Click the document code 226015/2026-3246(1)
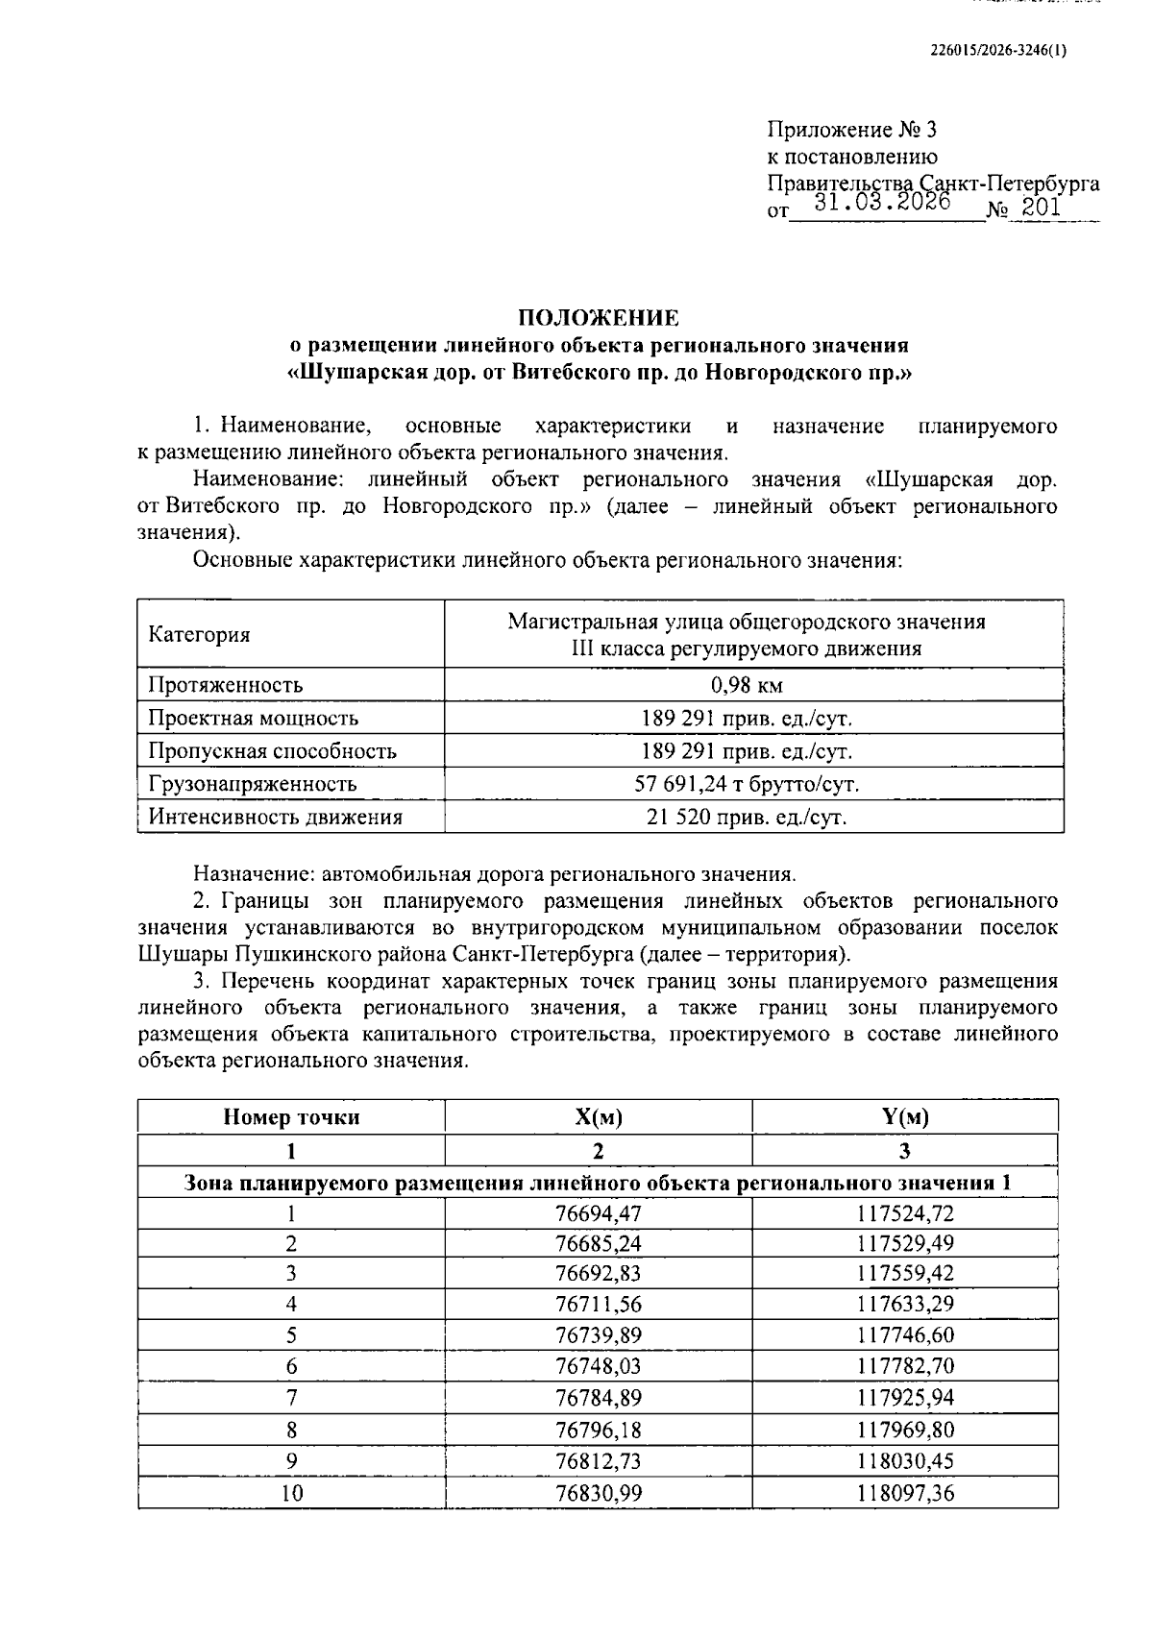pyautogui.click(x=999, y=52)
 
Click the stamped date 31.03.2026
pyautogui.click(x=882, y=203)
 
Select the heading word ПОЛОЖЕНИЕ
pyautogui.click(x=599, y=318)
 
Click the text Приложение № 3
pyautogui.click(x=851, y=130)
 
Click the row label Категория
pyautogui.click(x=199, y=635)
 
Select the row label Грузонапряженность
pyautogui.click(x=252, y=784)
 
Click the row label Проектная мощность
pyautogui.click(x=253, y=719)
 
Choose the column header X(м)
pyautogui.click(x=598, y=1117)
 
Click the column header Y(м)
pyautogui.click(x=904, y=1117)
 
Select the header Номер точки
pyautogui.click(x=291, y=1117)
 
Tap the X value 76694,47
pyautogui.click(x=598, y=1213)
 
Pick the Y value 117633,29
pyautogui.click(x=904, y=1305)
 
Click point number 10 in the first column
pyautogui.click(x=291, y=1493)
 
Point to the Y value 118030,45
pyautogui.click(x=904, y=1461)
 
